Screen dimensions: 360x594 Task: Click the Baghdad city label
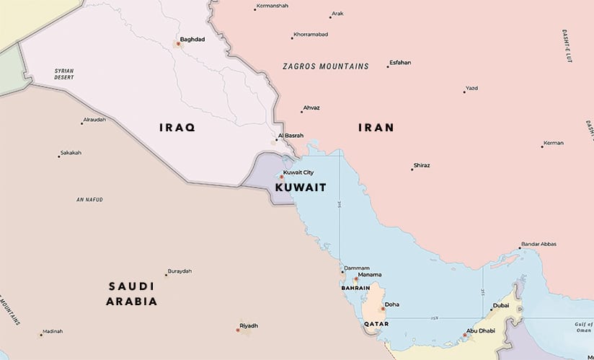coord(192,40)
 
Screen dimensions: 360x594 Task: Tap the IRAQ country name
coord(177,127)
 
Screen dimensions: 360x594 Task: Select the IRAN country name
coord(376,128)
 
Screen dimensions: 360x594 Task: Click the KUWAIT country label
coord(301,187)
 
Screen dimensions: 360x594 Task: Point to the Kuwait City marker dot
coord(281,177)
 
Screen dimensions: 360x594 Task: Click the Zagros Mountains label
coord(326,66)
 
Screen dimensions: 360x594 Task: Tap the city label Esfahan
coord(400,63)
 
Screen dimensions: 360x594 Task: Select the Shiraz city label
coord(422,165)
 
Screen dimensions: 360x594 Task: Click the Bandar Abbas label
coord(538,244)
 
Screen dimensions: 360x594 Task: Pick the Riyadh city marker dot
coord(238,330)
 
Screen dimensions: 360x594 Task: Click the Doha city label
coord(391,304)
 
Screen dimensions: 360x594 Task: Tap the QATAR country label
coord(376,325)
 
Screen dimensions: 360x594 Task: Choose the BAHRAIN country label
coord(355,288)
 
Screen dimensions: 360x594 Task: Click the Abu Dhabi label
coord(482,330)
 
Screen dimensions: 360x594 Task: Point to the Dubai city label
coord(501,305)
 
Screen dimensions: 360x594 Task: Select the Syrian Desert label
coord(64,74)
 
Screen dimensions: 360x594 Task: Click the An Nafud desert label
coord(90,199)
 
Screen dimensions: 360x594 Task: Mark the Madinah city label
coord(53,331)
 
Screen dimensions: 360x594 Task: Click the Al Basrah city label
coord(291,135)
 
